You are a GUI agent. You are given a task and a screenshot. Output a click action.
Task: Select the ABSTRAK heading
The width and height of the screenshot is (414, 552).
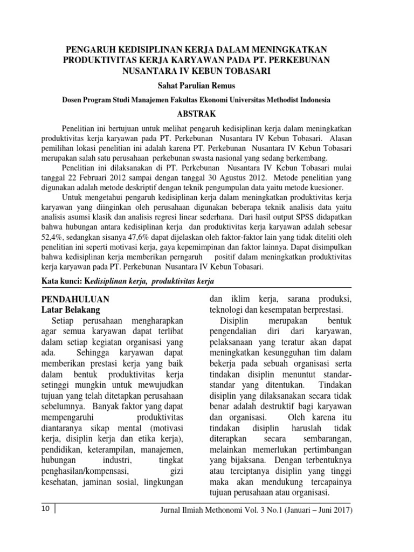point(200,114)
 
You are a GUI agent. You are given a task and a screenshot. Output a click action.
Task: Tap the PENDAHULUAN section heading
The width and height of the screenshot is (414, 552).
point(75,299)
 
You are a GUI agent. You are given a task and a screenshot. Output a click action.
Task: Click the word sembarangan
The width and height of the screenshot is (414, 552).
point(326,438)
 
